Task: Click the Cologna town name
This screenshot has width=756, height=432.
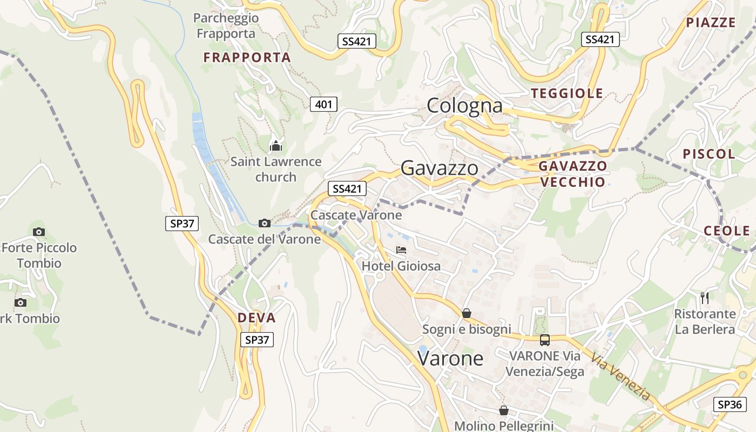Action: coord(464,106)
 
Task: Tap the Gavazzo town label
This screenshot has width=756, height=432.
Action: coord(439,168)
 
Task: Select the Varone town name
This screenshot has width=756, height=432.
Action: coord(450,358)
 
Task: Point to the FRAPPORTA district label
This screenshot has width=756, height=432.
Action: coord(247,57)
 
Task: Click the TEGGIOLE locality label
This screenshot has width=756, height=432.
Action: coord(567,93)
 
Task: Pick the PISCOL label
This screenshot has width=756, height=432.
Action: coord(709,154)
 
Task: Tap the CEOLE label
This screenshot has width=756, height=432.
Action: coord(727,231)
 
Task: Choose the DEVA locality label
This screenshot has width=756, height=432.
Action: coord(256,318)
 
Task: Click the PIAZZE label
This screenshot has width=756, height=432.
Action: coord(711,23)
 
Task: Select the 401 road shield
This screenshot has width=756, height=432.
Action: coord(323,104)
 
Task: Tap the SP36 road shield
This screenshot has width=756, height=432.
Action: coord(730,404)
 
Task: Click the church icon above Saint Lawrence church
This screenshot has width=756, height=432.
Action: coord(276,145)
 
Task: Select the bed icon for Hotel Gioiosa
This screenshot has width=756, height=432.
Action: coord(401,250)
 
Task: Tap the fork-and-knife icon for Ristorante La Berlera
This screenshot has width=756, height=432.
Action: coord(705,298)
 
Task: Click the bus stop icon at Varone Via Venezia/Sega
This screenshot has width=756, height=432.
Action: coord(545,340)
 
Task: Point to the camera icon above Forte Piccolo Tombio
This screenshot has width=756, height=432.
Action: coord(39,232)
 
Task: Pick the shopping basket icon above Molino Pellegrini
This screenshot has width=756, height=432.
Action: coord(504,410)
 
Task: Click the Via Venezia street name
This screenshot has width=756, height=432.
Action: coord(620,376)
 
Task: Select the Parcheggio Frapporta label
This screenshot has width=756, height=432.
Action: coord(226,26)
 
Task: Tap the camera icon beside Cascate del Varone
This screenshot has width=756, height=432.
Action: coord(265,223)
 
